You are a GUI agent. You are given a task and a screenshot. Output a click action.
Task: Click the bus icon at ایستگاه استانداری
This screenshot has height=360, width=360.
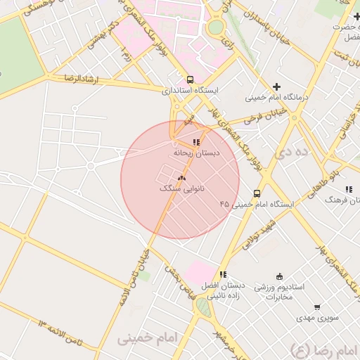[190, 79]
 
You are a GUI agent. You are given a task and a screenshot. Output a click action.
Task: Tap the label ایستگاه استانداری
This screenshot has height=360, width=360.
[191, 91]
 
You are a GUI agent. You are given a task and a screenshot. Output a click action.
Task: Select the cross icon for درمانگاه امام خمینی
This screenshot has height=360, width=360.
[276, 86]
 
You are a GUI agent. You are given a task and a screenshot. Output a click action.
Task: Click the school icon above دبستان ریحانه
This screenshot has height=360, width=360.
[195, 142]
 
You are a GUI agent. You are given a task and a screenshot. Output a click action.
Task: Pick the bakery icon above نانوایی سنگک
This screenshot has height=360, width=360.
[182, 179]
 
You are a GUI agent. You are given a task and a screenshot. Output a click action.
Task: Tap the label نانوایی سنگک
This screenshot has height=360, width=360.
[182, 189]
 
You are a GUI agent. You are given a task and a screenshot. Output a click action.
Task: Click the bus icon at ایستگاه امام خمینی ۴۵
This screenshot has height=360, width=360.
[257, 193]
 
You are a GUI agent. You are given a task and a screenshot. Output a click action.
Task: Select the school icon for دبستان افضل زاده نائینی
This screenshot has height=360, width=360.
[222, 275]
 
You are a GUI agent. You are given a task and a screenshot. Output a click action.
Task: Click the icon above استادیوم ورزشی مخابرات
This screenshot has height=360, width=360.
[280, 276]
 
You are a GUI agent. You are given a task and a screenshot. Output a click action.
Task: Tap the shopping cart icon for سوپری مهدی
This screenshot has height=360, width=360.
[317, 307]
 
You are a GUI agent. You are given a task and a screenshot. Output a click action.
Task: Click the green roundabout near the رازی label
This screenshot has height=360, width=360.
[216, 27]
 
